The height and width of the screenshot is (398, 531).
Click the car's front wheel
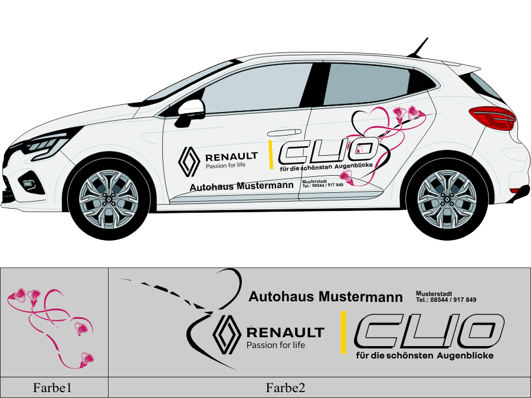click(x=109, y=199)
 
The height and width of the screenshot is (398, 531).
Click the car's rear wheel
click(x=447, y=199)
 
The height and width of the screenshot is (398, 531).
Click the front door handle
click(x=284, y=133)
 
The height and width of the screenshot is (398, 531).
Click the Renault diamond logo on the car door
click(x=189, y=162)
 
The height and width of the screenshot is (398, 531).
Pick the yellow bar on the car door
click(x=271, y=154)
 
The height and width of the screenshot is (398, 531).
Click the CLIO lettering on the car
click(x=329, y=150)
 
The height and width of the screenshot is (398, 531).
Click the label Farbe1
click(x=52, y=388)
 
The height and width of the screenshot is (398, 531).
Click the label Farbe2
click(x=286, y=388)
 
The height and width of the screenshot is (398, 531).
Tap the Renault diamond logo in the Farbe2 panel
click(x=227, y=334)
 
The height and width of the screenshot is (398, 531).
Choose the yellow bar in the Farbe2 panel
click(x=343, y=333)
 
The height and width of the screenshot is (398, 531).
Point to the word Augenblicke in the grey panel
click(x=465, y=356)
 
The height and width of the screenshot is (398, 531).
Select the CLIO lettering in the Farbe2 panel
click(x=430, y=331)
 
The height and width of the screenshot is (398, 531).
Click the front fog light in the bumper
click(x=28, y=184)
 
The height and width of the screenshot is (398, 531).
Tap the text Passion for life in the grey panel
click(x=276, y=345)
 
